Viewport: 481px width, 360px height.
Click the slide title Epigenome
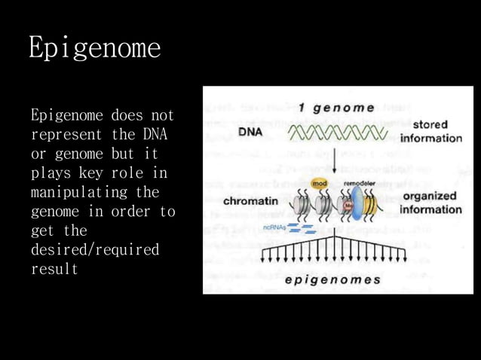pos(94,47)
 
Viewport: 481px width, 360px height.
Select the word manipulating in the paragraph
pos(75,192)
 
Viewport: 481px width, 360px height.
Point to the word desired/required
pos(95,249)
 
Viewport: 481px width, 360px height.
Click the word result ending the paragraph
pos(54,268)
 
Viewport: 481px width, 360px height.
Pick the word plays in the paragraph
pos(51,173)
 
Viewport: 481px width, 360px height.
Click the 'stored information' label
pos(430,131)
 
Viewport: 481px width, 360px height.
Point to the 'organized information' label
pos(430,202)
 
